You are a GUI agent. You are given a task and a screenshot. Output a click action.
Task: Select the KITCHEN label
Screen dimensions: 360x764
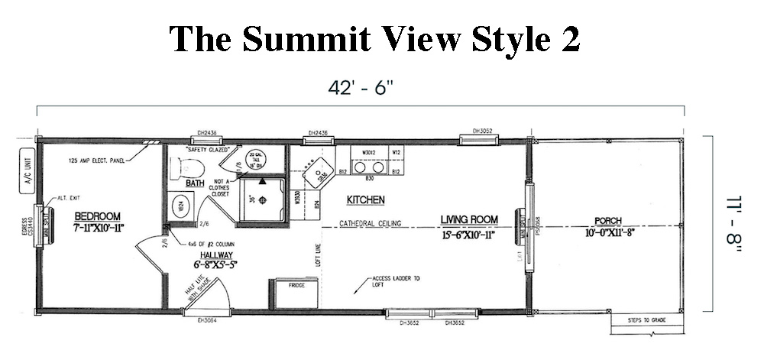click(x=365, y=200)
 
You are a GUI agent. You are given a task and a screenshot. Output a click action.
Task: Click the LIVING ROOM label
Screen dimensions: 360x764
click(x=468, y=221)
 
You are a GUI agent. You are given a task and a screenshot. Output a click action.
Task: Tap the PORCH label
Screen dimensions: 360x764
click(x=608, y=222)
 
